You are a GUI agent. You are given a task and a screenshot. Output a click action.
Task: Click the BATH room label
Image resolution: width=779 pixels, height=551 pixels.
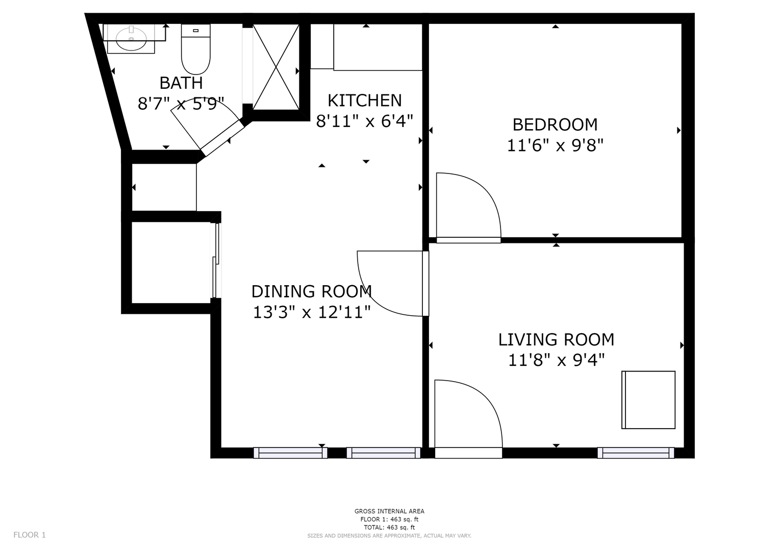point(181,83)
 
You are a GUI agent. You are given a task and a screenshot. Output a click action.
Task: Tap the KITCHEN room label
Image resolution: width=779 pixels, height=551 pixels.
point(364,101)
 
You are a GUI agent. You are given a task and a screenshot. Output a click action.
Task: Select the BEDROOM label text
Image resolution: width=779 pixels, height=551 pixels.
point(555,125)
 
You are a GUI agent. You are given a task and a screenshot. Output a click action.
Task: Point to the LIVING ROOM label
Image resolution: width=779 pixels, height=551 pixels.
point(556,339)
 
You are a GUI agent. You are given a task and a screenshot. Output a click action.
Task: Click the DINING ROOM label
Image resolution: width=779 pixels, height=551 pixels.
point(312,291)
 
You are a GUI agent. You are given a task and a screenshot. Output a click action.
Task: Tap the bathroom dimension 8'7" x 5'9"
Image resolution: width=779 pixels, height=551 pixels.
point(181,104)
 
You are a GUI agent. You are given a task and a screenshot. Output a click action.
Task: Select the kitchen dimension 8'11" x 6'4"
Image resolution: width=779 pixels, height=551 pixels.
point(364,121)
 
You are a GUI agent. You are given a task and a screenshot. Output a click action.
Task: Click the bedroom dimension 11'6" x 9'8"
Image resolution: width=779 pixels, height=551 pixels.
point(555,145)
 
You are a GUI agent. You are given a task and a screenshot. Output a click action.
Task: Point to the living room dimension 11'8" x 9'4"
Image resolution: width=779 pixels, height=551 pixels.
point(557,360)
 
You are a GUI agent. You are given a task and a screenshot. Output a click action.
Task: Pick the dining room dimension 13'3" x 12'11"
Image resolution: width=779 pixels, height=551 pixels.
point(312,312)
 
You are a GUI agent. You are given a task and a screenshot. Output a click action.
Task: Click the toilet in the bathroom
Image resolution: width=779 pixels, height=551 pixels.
point(196,49)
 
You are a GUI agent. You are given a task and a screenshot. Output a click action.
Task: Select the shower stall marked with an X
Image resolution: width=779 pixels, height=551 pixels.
point(276,67)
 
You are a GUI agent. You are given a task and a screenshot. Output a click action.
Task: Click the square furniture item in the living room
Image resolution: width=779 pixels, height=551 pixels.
point(648,399)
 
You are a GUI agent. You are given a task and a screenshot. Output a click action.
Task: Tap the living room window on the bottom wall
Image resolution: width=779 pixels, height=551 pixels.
point(636,453)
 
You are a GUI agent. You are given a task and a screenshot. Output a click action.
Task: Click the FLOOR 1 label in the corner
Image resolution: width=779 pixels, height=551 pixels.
point(30,535)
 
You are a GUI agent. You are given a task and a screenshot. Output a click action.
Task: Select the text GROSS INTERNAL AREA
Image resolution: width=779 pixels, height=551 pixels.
point(389,511)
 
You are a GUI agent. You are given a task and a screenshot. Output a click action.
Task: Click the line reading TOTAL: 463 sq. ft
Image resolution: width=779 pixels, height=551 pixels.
point(389,528)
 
